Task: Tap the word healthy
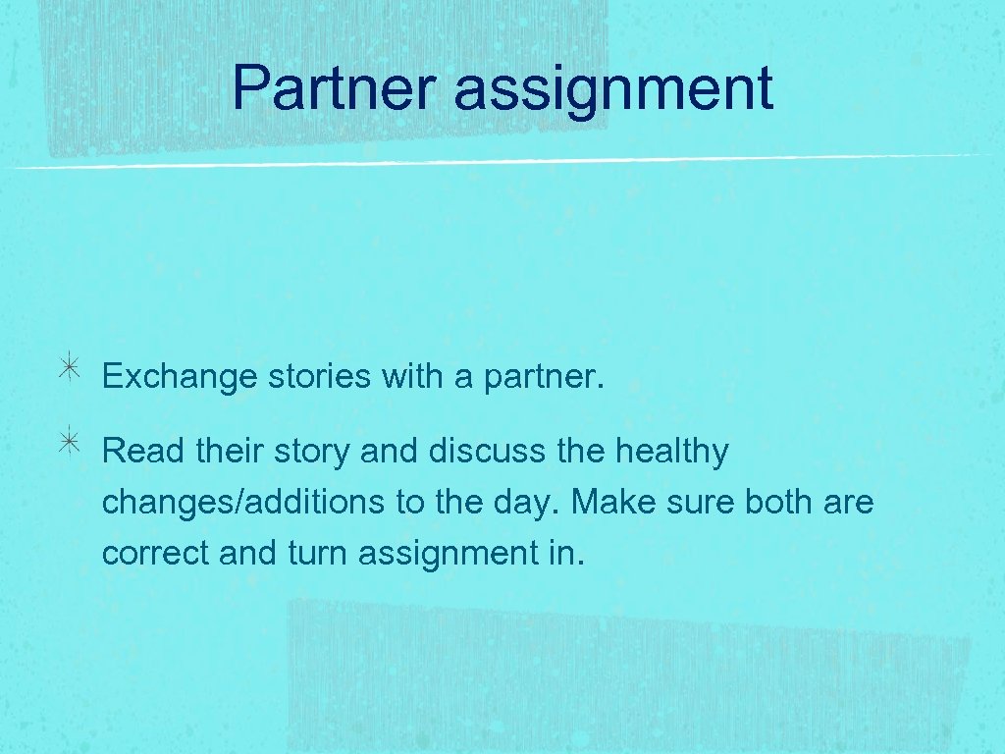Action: click(672, 454)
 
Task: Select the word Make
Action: click(613, 503)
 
